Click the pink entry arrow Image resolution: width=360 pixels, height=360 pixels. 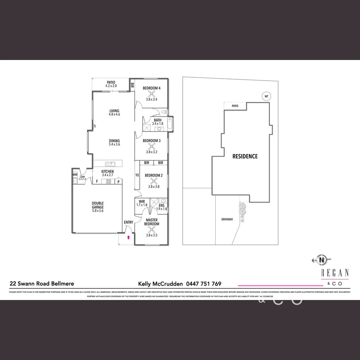[x=128, y=238]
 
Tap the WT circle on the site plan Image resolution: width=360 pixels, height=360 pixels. [x=266, y=97]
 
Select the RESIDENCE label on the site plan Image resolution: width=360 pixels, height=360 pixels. [x=245, y=156]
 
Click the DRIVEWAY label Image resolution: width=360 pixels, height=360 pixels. [x=227, y=219]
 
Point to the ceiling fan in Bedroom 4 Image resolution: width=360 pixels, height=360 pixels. [x=152, y=94]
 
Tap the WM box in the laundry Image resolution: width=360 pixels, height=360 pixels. [x=75, y=174]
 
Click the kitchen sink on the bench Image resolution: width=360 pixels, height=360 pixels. [x=110, y=164]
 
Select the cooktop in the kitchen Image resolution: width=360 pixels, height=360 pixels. [x=108, y=182]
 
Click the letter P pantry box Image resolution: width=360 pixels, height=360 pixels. [x=118, y=182]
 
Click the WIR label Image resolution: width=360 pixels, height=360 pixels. [x=142, y=201]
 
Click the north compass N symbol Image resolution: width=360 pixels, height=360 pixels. [x=322, y=260]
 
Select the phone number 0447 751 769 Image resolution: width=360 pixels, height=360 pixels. [x=204, y=284]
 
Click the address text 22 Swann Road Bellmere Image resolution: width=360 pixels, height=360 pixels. [x=42, y=284]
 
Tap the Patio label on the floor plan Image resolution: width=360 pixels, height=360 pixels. [x=111, y=82]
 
